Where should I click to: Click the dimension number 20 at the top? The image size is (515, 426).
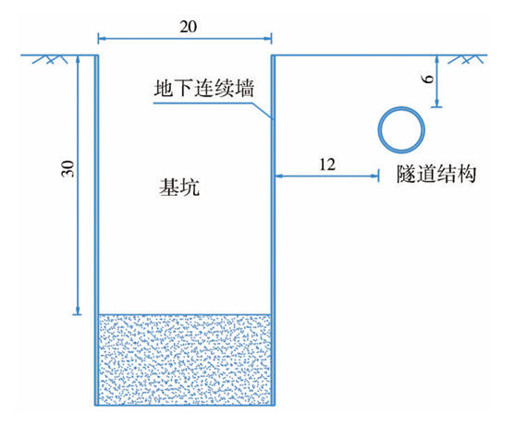pyautogui.click(x=189, y=27)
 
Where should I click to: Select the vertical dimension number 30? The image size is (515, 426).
pyautogui.click(x=68, y=169)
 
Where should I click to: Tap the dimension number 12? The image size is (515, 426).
pyautogui.click(x=327, y=164)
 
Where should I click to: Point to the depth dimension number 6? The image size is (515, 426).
pyautogui.click(x=429, y=79)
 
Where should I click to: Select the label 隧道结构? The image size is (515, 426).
pyautogui.click(x=436, y=174)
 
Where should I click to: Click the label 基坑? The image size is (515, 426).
pyautogui.click(x=179, y=188)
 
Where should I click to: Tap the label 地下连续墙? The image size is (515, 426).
pyautogui.click(x=203, y=88)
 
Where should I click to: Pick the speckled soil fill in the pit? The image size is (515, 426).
pyautogui.click(x=185, y=359)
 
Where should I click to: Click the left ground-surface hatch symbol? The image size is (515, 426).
pyautogui.click(x=50, y=59)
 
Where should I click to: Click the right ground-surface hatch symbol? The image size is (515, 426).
pyautogui.click(x=465, y=59)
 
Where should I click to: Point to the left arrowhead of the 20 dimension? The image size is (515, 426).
pyautogui.click(x=102, y=39)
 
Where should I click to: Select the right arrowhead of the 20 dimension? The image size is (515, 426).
pyautogui.click(x=268, y=39)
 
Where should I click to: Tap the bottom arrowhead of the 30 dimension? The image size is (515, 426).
pyautogui.click(x=78, y=310)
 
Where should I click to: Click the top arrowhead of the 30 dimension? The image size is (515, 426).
pyautogui.click(x=78, y=59)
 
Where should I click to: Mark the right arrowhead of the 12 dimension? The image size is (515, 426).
pyautogui.click(x=375, y=176)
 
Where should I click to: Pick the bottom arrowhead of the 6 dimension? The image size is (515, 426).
pyautogui.click(x=436, y=103)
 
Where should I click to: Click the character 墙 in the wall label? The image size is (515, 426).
pyautogui.click(x=244, y=88)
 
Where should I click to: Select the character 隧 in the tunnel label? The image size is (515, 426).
pyautogui.click(x=406, y=174)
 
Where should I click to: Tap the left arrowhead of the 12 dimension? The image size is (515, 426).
pyautogui.click(x=279, y=176)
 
